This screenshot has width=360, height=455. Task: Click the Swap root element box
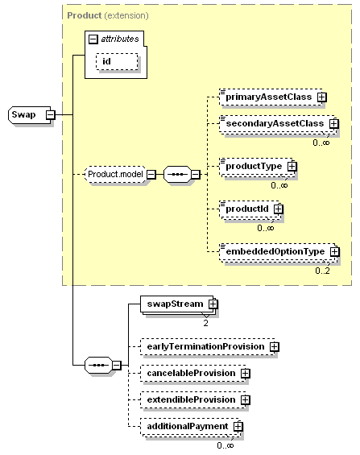[30, 115]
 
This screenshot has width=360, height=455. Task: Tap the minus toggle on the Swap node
[50, 115]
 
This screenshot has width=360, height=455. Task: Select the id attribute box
[117, 61]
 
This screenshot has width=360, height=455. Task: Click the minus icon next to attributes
[93, 39]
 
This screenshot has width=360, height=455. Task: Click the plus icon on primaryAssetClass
[321, 97]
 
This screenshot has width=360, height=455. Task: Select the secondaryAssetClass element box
[278, 124]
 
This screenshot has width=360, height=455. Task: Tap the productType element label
[254, 166]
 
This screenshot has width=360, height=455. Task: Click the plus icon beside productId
[279, 209]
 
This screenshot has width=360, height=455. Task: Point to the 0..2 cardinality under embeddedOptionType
[322, 271]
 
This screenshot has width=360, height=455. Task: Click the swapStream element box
[178, 304]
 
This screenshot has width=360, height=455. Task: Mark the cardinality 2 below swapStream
[205, 323]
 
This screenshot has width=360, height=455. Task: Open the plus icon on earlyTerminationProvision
[274, 347]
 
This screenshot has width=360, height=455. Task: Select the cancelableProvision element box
[194, 374]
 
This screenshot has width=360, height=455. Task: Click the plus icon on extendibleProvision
[246, 400]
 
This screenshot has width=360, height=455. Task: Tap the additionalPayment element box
[190, 427]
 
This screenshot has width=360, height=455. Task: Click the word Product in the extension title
[84, 15]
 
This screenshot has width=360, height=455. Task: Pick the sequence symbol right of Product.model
[177, 175]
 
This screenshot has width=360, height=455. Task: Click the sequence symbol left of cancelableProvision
[98, 366]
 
